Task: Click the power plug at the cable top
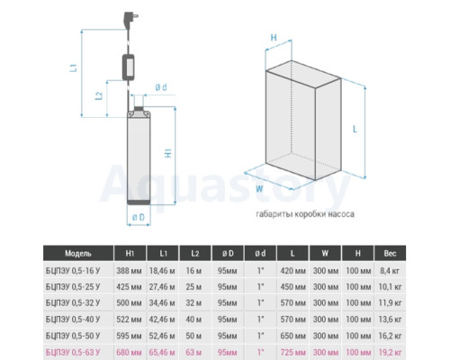pos(130,19)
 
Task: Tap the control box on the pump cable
pos(129,67)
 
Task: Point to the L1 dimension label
pos(74,67)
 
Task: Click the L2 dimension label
pos(99,95)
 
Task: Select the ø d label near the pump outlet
pos(161,87)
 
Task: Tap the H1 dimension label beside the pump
pos(168,153)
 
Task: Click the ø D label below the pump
pos(139,217)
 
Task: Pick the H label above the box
pos(274,38)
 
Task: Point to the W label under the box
pos(259,189)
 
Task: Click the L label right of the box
pos(355,130)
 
